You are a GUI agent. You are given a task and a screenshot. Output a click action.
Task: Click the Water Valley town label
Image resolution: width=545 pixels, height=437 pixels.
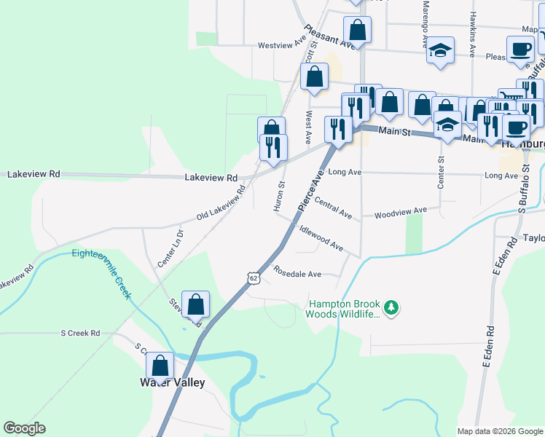(x=173, y=382)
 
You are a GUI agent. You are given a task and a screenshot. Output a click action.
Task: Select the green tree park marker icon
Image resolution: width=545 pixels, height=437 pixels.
(x=392, y=308)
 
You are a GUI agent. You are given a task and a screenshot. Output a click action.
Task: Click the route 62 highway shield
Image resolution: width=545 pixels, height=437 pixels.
(x=253, y=277)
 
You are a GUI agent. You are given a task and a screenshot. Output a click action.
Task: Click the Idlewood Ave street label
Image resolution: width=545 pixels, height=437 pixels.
(x=321, y=237)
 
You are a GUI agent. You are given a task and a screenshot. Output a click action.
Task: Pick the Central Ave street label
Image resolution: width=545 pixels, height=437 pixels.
(x=333, y=210)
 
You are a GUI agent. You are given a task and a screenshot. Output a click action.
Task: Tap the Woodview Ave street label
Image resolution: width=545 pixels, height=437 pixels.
(x=400, y=212)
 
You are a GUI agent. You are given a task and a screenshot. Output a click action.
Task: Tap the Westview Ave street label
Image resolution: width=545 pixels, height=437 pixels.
(x=281, y=45)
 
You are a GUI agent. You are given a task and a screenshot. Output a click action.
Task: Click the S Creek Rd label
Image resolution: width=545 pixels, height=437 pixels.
(x=79, y=334)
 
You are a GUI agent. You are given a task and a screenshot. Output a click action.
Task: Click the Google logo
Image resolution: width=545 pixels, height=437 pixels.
(x=25, y=428)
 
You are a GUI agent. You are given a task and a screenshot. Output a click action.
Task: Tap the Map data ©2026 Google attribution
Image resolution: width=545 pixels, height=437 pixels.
(x=500, y=431)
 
